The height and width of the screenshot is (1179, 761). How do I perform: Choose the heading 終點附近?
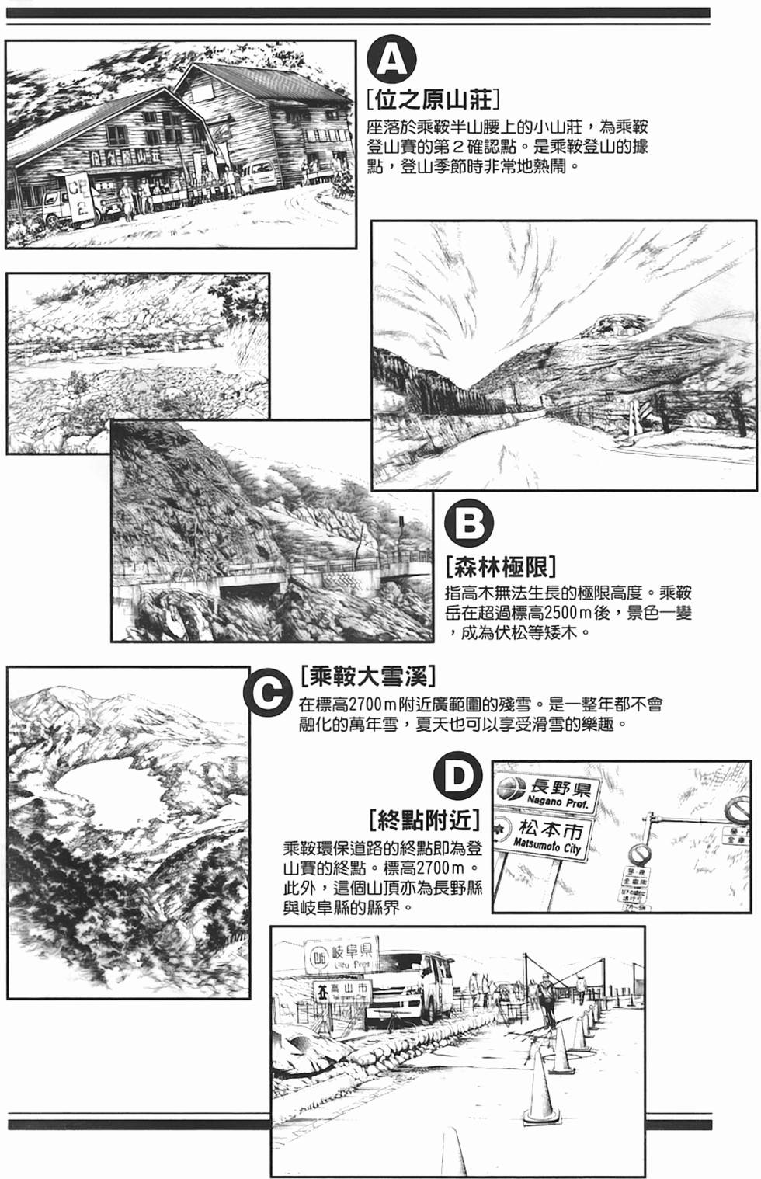tap(424, 819)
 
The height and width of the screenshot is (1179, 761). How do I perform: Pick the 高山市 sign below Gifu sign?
tap(342, 991)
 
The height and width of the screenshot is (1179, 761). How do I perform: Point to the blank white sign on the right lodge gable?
tap(203, 91)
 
